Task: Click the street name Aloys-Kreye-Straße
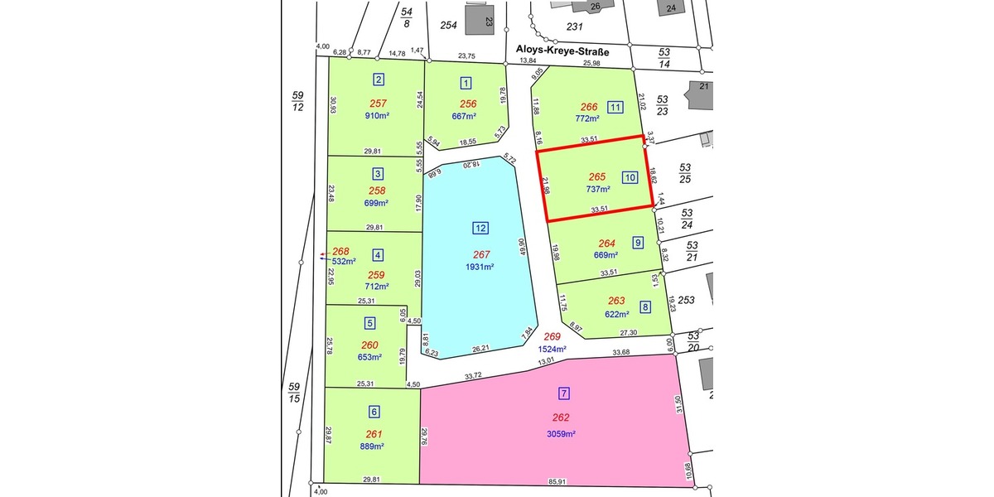(562, 51)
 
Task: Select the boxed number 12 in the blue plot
(480, 228)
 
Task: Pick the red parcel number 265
(596, 176)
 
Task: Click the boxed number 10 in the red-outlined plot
(630, 176)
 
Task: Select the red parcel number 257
(378, 104)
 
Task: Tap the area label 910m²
(377, 116)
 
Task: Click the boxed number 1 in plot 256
(466, 82)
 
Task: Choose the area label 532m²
(344, 261)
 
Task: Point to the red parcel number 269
(552, 337)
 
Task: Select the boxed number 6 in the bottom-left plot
(373, 411)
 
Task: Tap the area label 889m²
(374, 446)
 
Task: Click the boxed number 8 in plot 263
(645, 307)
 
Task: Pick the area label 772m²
(586, 118)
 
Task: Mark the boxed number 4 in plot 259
(378, 255)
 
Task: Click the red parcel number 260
(369, 345)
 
